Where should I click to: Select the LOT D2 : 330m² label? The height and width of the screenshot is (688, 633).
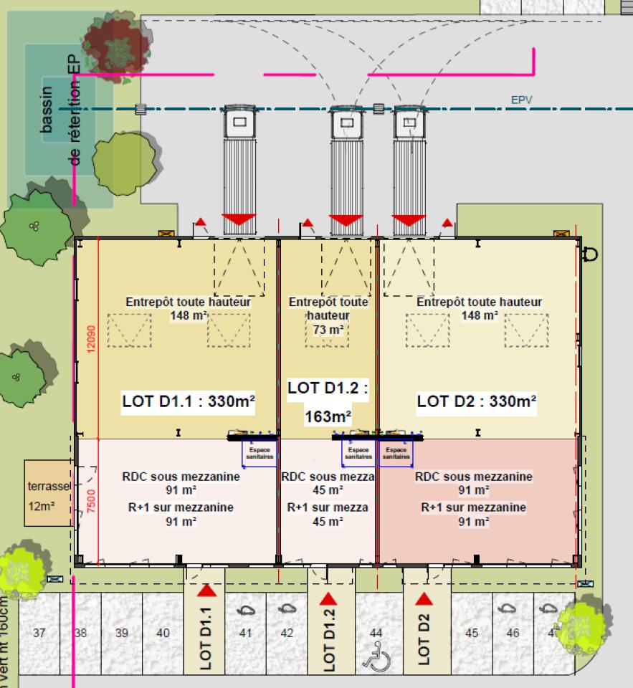pos(477,401)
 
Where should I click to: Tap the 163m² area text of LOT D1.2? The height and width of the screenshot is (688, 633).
pos(328,416)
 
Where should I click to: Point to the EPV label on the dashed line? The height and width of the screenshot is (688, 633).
pos(523,100)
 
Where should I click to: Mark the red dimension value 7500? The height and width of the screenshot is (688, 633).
pos(90,499)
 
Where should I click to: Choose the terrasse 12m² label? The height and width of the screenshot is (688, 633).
pos(48,495)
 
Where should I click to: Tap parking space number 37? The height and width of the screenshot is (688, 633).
pos(39,633)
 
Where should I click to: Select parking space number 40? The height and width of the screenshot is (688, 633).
pos(163,633)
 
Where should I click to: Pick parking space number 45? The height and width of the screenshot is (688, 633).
pos(472,633)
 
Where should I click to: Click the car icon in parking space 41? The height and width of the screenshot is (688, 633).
pos(246,611)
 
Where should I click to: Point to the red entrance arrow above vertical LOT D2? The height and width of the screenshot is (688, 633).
pos(424,599)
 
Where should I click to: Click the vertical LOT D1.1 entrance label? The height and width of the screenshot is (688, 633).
pos(206,639)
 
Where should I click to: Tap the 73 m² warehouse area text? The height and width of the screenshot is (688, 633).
pos(328,329)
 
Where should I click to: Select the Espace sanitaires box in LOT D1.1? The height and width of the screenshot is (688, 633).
pos(258,454)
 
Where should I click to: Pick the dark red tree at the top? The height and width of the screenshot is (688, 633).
pos(111,44)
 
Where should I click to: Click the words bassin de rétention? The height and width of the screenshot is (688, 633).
pos(60,122)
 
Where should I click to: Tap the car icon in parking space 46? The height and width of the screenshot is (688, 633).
pos(509,608)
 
